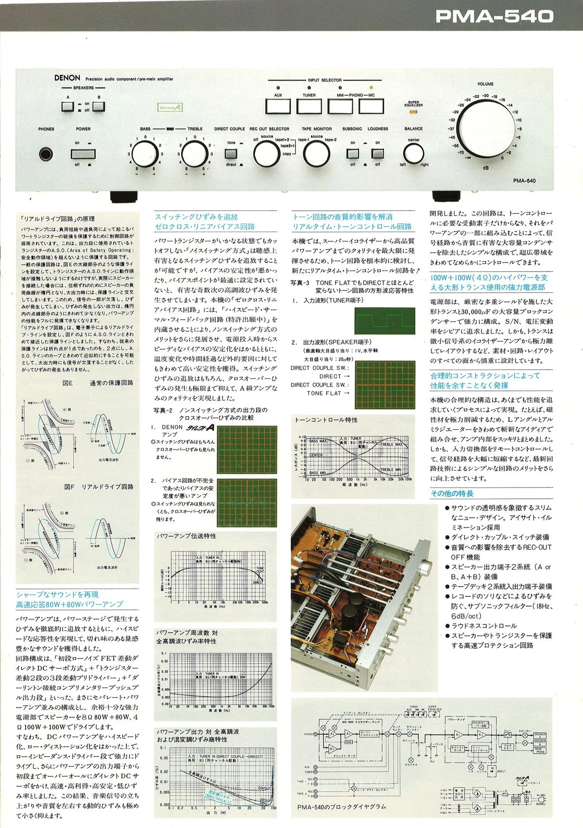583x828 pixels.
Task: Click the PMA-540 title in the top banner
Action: click(x=494, y=17)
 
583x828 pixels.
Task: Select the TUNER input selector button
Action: click(x=309, y=106)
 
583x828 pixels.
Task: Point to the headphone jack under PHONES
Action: click(x=47, y=154)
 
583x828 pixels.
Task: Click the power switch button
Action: click(x=83, y=154)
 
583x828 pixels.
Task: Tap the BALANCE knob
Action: click(x=413, y=154)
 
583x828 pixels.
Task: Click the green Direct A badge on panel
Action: click(x=171, y=108)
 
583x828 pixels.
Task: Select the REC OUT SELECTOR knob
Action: click(x=267, y=154)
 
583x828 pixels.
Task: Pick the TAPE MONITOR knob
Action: click(x=317, y=154)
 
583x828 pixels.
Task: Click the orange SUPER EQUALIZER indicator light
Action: click(x=413, y=112)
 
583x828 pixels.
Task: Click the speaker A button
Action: click(x=68, y=106)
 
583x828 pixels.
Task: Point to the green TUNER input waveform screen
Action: click(x=385, y=321)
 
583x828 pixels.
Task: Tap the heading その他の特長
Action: click(x=452, y=493)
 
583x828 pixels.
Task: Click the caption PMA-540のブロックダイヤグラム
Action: click(x=342, y=807)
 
